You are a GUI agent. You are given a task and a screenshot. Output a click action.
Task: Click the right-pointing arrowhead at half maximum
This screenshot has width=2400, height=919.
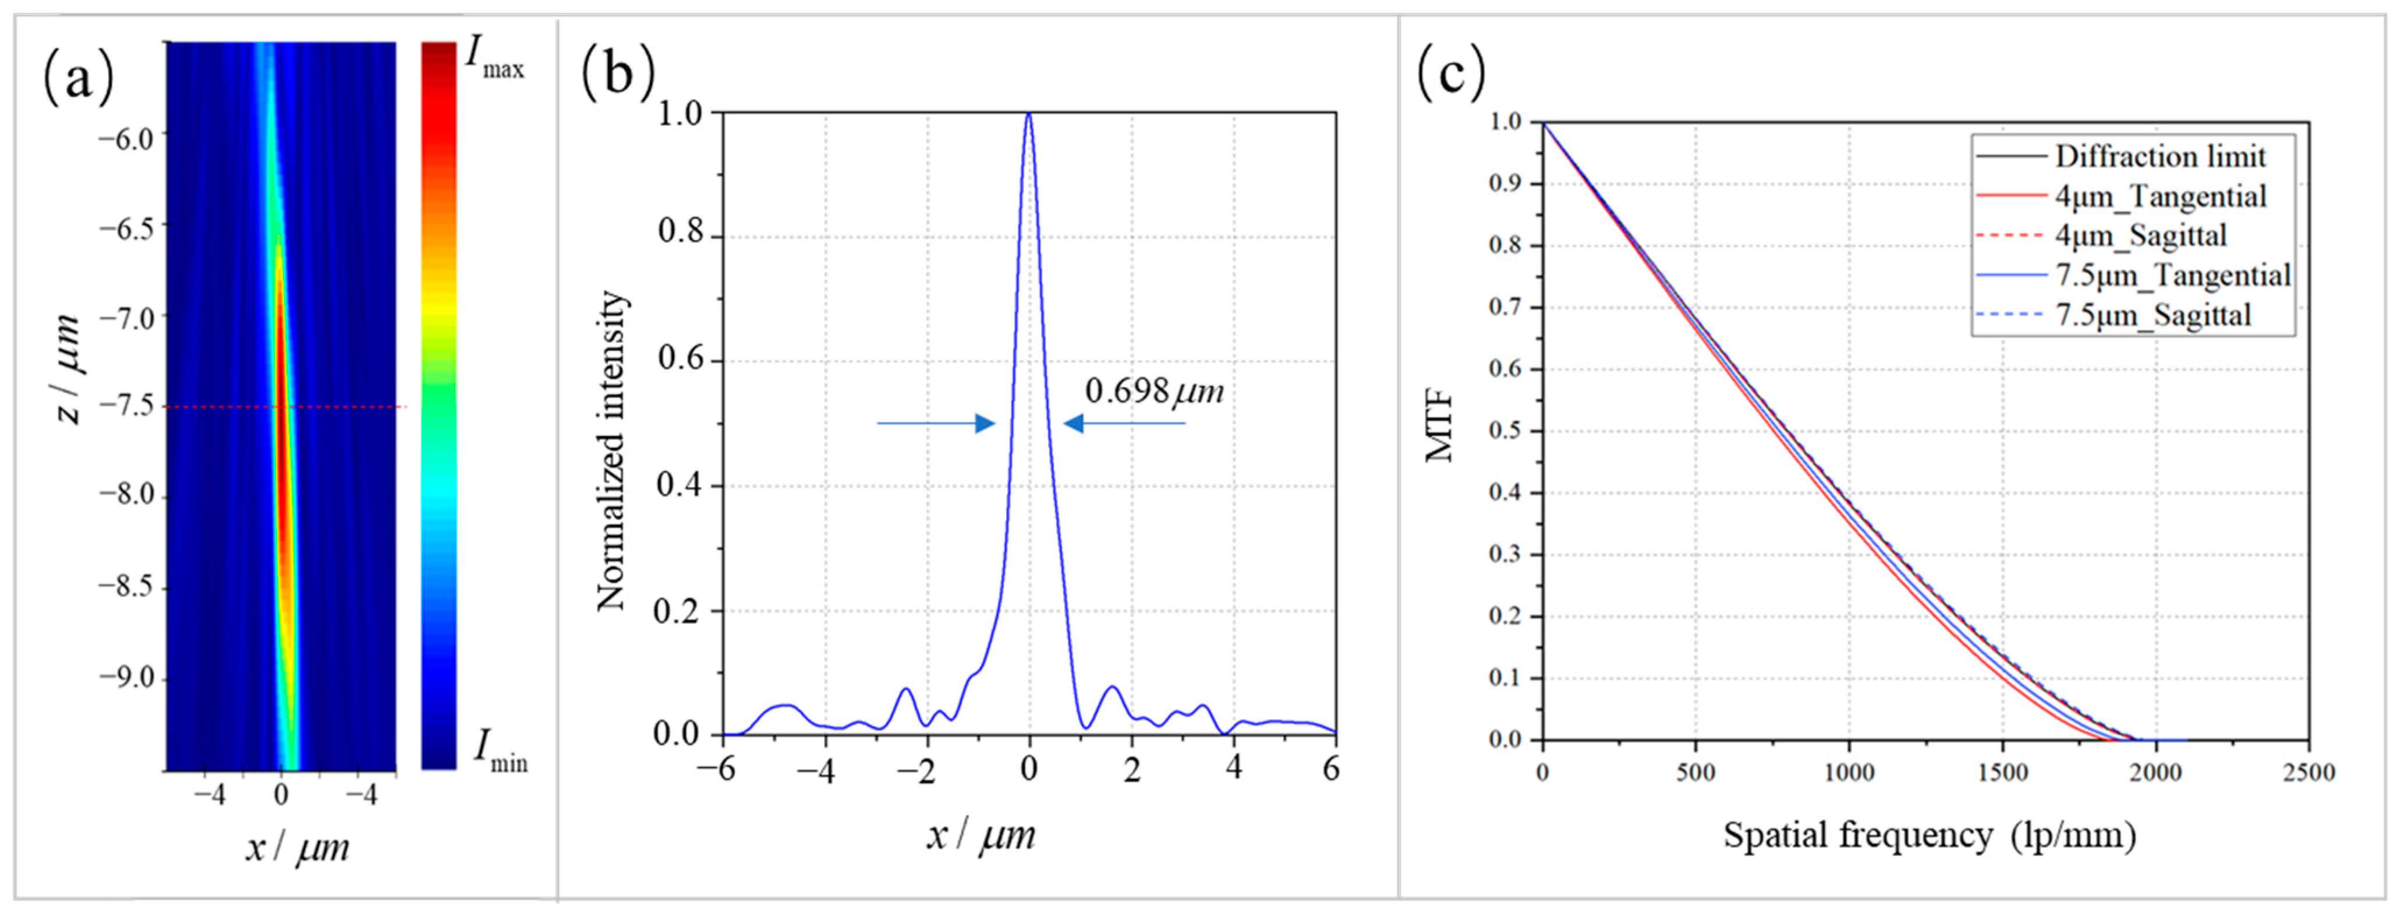point(985,424)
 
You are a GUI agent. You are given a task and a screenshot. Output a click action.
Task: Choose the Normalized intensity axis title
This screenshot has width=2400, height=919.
point(611,450)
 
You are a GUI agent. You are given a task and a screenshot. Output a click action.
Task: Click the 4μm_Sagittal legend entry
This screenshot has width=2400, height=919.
point(2141,236)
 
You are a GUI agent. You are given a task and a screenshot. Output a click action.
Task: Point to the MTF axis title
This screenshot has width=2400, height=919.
point(1439,429)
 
